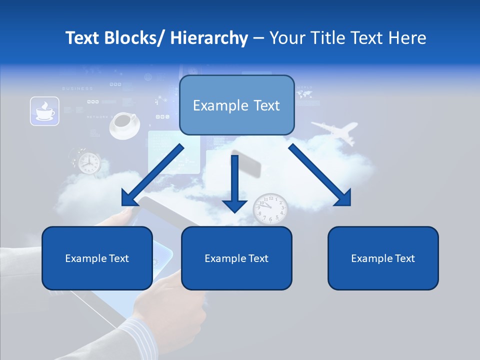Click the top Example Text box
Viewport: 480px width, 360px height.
pyautogui.click(x=236, y=105)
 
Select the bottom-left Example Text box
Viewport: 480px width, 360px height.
pyautogui.click(x=97, y=258)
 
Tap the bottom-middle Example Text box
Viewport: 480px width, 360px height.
pyautogui.click(x=236, y=258)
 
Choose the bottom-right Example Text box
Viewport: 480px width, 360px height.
pyautogui.click(x=383, y=258)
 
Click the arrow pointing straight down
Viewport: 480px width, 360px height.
pyautogui.click(x=234, y=185)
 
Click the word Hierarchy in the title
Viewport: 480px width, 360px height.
pyautogui.click(x=209, y=38)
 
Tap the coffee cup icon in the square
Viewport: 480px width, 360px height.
pyautogui.click(x=44, y=111)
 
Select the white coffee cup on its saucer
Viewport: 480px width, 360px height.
pyautogui.click(x=124, y=125)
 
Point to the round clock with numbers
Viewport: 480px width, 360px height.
pyautogui.click(x=270, y=208)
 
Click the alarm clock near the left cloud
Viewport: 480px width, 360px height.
pyautogui.click(x=88, y=162)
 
